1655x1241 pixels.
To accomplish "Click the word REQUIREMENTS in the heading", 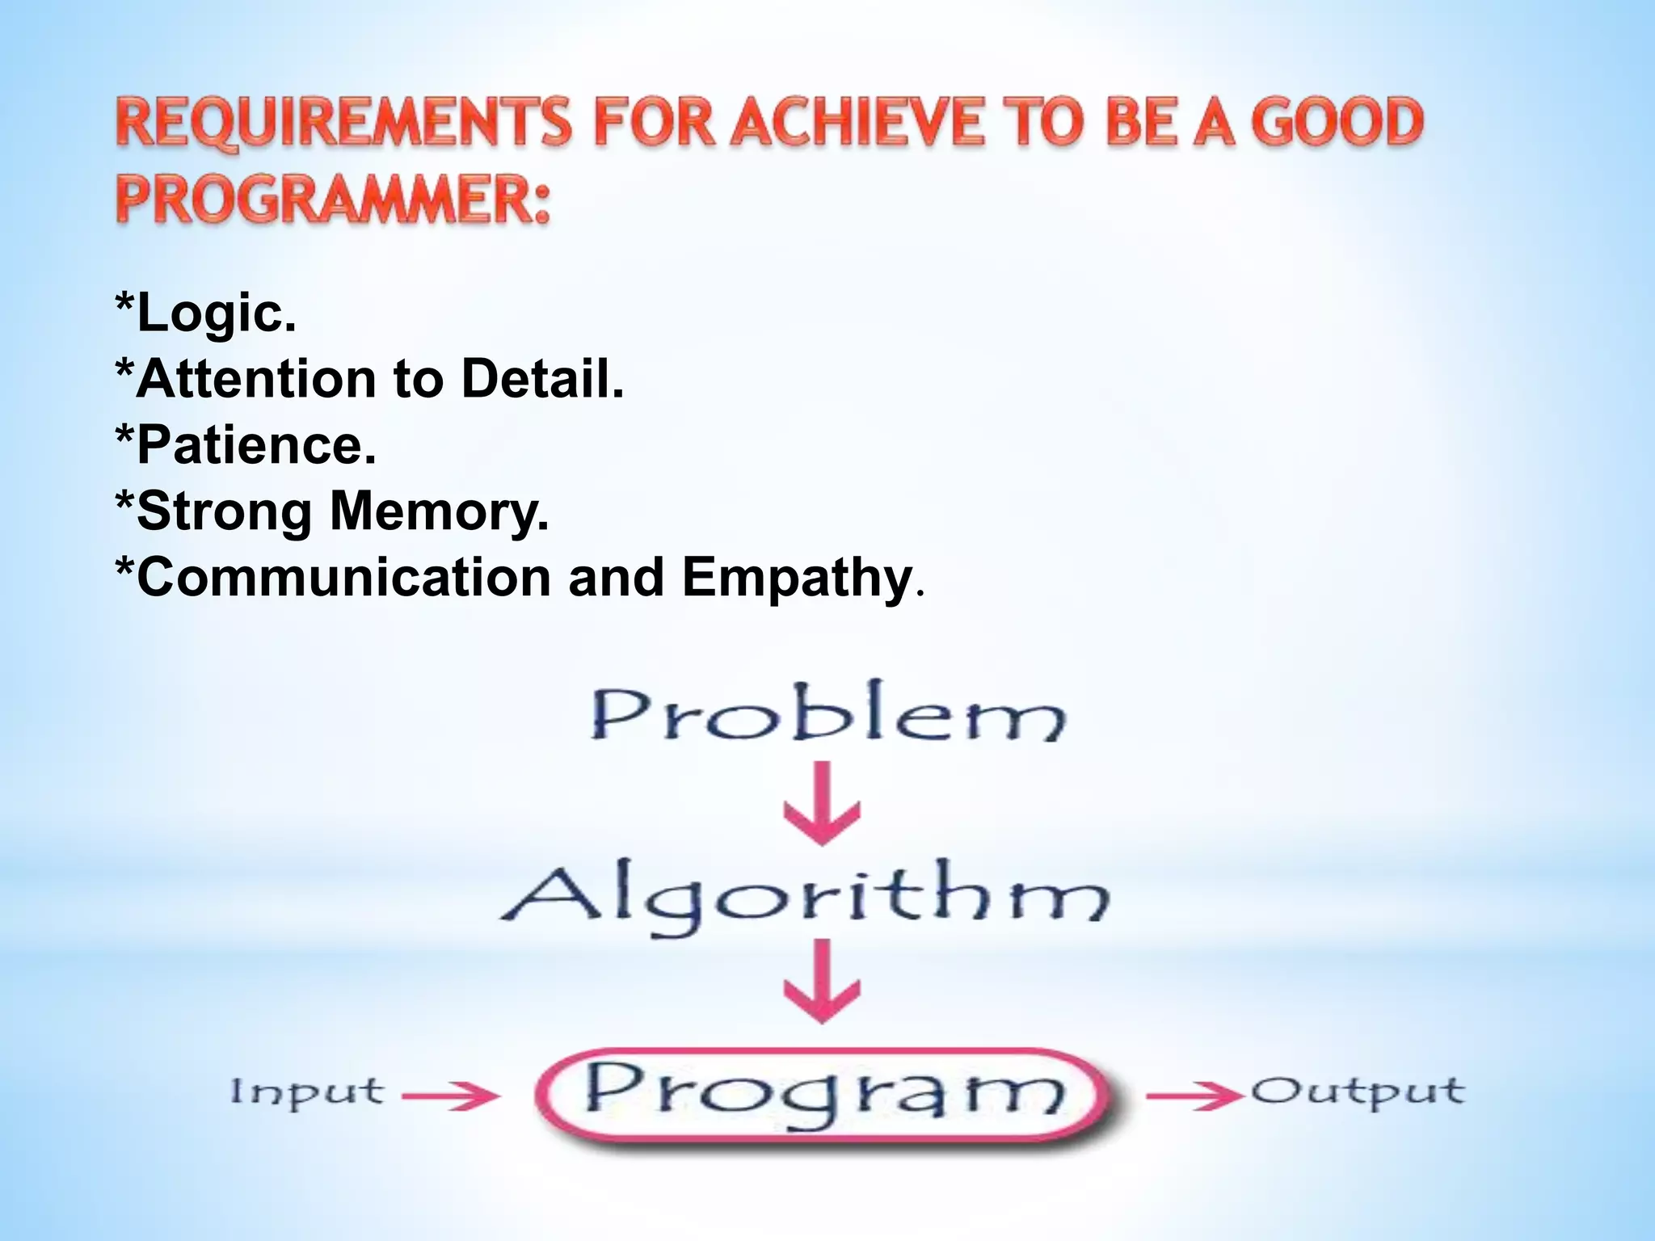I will pos(343,123).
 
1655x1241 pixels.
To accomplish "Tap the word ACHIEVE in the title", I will pos(857,123).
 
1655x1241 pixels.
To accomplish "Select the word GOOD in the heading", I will pos(1337,123).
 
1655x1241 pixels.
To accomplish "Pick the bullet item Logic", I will pos(206,313).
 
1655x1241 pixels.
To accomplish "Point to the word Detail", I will pos(542,378).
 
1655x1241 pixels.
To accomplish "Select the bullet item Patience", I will pos(246,444).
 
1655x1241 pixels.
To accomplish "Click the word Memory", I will pos(440,512).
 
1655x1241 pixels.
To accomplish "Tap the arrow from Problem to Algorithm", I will pos(822,805).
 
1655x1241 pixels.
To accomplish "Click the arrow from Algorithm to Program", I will pos(822,981).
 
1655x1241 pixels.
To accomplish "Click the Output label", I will pos(1358,1093).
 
